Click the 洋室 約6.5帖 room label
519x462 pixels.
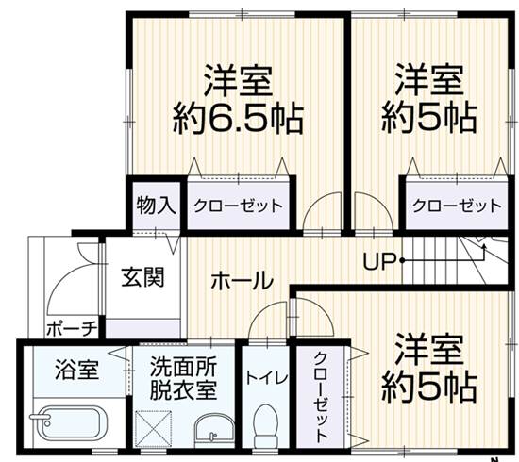238,100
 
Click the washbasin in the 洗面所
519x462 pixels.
214,430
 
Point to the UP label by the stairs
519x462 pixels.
379,261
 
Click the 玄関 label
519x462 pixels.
143,277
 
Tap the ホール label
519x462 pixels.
243,281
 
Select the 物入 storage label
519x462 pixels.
156,206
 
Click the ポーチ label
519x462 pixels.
72,328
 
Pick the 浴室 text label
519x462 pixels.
76,370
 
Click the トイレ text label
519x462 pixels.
266,378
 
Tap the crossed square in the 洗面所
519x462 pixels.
153,429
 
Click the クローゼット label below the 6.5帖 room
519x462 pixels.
239,206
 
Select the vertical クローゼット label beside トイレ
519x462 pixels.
321,397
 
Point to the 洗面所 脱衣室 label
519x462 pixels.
183,378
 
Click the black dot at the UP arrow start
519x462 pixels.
402,261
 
